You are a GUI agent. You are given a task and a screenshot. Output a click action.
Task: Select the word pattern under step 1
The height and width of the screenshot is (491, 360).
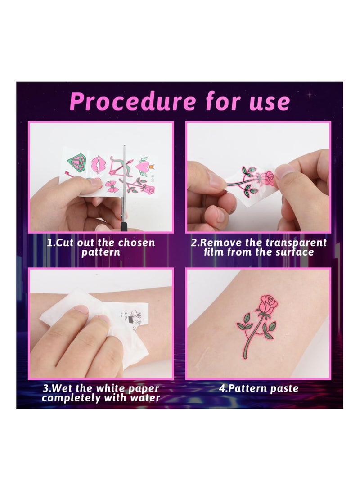click(101, 252)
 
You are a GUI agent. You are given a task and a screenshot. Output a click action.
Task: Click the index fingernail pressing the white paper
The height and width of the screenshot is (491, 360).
click(82, 310)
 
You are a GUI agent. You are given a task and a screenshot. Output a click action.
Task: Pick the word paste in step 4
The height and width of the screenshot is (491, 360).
click(284, 388)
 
